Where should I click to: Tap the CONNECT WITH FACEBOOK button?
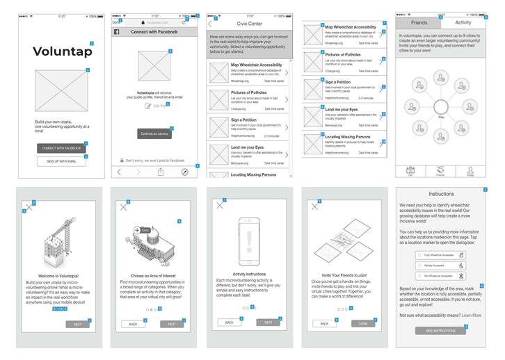tap(61, 148)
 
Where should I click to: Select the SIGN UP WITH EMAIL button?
tap(61, 161)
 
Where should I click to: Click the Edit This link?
tap(157, 106)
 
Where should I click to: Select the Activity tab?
tap(463, 23)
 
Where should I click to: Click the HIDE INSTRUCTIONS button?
tap(440, 331)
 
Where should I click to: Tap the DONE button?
tap(363, 323)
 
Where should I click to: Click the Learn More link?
tap(472, 316)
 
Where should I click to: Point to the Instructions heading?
tap(441, 195)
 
